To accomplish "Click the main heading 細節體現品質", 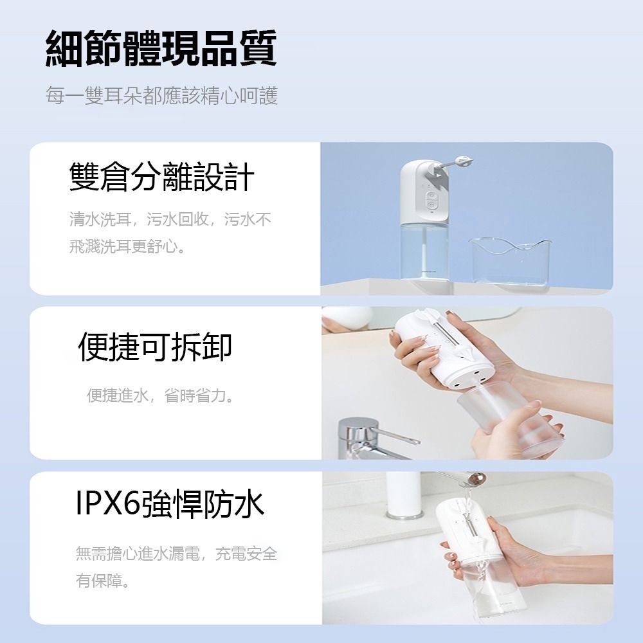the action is pos(161,48).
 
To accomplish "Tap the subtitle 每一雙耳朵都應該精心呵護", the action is pos(161,96).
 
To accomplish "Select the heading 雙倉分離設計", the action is pos(162,177).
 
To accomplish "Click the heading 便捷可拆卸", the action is pos(155,347).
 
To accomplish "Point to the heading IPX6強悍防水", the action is pos(170,504).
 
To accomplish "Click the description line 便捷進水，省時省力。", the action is pos(160,395).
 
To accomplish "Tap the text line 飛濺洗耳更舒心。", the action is pos(127,246).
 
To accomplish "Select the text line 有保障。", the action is pos(102,581).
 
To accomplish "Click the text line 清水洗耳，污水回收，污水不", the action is pos(170,220).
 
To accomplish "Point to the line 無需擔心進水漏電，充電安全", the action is pos(176,554).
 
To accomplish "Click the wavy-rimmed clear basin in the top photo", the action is pos(511,262).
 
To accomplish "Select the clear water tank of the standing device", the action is pos(424,251).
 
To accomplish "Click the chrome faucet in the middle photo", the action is pos(369,439).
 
